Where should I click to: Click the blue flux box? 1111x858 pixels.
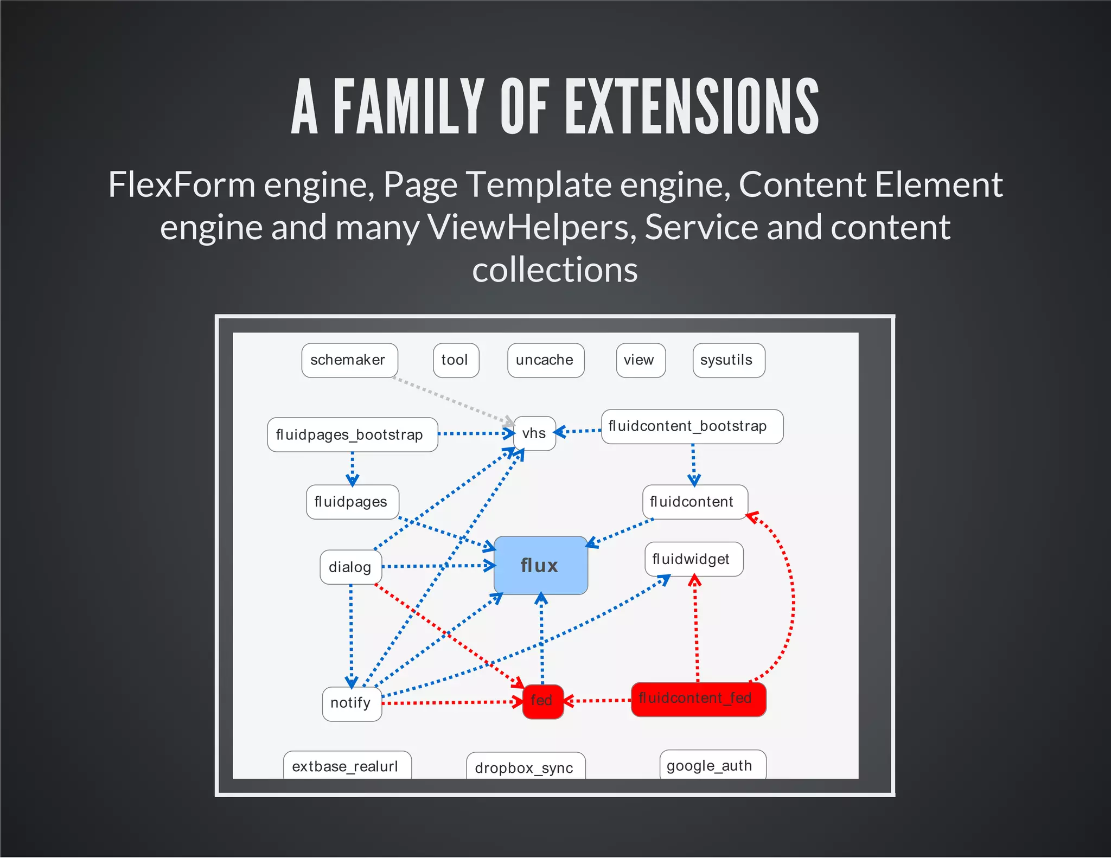click(x=540, y=565)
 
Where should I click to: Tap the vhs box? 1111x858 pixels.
click(x=534, y=433)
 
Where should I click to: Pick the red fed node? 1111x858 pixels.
click(x=542, y=701)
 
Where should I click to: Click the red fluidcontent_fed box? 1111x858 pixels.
click(x=698, y=699)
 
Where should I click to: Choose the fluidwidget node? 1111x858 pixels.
click(x=693, y=559)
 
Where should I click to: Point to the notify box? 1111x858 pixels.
click(x=352, y=703)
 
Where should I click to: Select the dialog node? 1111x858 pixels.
click(x=350, y=567)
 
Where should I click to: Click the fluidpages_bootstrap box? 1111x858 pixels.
click(x=352, y=435)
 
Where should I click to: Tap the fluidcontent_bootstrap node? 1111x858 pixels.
click(x=692, y=426)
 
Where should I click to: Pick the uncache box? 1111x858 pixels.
click(x=545, y=360)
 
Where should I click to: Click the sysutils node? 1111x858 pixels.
click(x=728, y=360)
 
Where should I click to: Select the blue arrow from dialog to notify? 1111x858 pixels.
click(x=351, y=635)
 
